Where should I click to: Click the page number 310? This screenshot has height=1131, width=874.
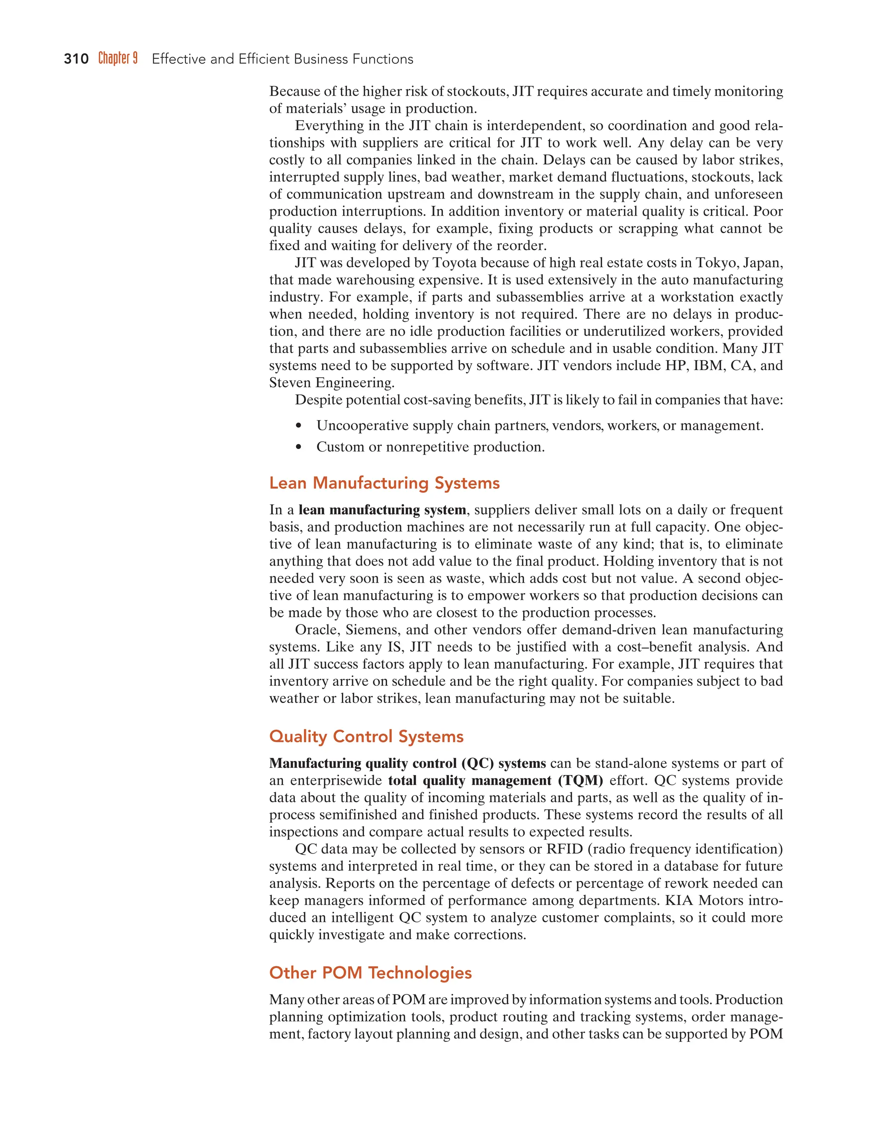(76, 59)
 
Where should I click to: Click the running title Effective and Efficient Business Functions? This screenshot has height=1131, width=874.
(282, 59)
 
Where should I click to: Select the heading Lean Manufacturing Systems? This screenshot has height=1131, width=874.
(384, 483)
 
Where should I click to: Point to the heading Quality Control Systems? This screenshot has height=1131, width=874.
(366, 736)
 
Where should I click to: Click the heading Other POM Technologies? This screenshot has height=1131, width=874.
(370, 973)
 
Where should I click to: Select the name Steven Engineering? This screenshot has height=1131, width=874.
(331, 383)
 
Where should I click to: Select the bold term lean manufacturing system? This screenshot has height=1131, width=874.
(382, 510)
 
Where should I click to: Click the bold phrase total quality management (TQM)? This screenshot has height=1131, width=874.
(495, 781)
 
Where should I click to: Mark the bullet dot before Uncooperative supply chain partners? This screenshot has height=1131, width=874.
(298, 426)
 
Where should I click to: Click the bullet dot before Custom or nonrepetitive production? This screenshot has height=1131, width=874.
(298, 447)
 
